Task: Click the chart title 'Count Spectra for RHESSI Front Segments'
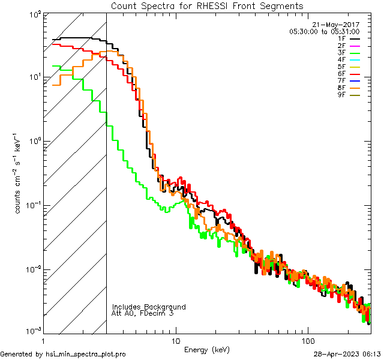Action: (x=207, y=5)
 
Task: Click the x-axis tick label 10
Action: (x=175, y=340)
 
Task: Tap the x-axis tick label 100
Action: (x=308, y=340)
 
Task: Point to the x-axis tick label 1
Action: (x=43, y=340)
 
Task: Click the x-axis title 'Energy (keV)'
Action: (x=207, y=350)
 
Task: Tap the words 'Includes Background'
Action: (x=149, y=307)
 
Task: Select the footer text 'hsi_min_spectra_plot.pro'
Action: (x=86, y=355)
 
